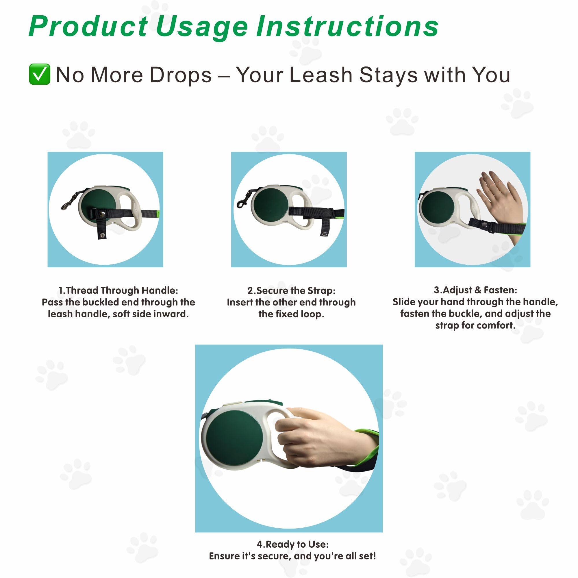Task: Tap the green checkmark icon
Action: tap(39, 74)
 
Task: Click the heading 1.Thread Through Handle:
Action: tap(118, 290)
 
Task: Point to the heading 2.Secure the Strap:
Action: tap(291, 290)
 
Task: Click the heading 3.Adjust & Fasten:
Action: tap(475, 290)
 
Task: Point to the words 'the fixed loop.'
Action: tap(291, 314)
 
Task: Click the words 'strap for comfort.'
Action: tap(475, 325)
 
